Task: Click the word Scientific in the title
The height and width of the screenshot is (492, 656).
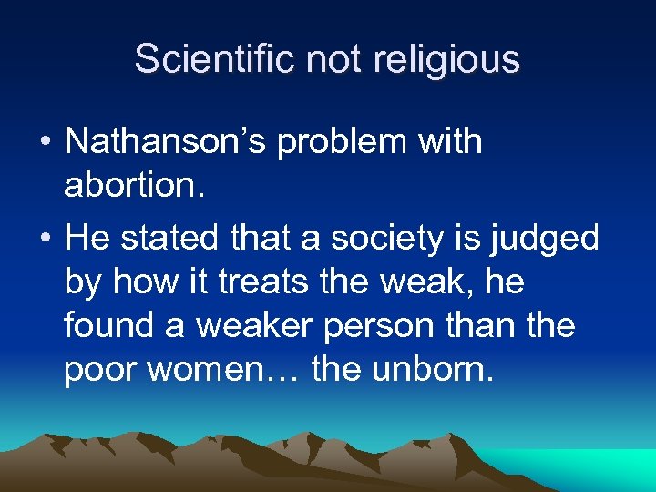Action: click(x=215, y=59)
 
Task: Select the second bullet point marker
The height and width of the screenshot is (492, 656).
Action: click(x=45, y=240)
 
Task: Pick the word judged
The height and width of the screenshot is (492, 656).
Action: click(x=545, y=239)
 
